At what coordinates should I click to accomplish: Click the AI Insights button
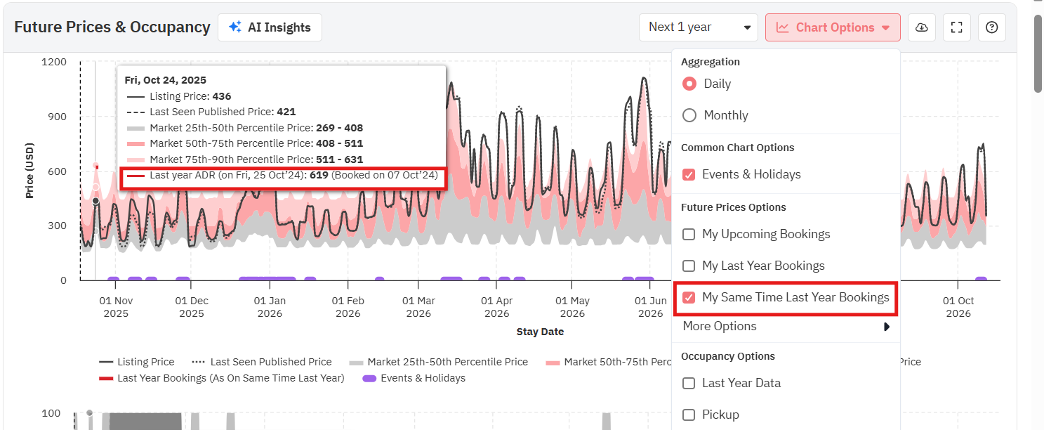[270, 27]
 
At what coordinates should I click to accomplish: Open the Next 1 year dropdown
[698, 27]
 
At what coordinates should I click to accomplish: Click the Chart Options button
[833, 27]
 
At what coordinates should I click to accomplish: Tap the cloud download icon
[922, 27]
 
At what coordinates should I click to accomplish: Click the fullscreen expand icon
[956, 27]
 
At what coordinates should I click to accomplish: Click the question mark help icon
[991, 27]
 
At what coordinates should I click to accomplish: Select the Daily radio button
[689, 84]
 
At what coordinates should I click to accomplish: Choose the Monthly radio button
[689, 115]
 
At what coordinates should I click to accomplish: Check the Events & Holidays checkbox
[689, 174]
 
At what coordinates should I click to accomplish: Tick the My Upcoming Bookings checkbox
[689, 234]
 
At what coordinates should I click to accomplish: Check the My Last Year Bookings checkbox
[689, 266]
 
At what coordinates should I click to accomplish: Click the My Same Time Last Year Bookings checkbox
[689, 297]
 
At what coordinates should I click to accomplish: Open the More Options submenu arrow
[887, 327]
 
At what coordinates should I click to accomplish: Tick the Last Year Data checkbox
[689, 383]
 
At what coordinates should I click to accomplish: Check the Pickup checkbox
[689, 415]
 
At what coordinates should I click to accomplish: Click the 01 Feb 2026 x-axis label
[348, 307]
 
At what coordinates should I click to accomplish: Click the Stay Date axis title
[540, 332]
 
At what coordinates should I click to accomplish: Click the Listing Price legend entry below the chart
[145, 362]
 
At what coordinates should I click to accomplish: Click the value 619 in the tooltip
[319, 175]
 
